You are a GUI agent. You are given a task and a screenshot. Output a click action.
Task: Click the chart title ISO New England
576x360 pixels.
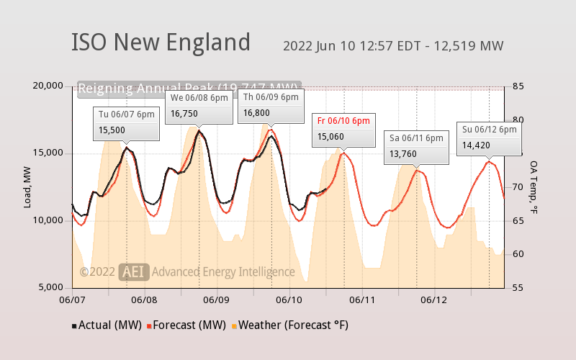tap(161, 42)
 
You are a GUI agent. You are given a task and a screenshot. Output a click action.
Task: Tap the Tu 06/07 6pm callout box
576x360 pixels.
tap(127, 123)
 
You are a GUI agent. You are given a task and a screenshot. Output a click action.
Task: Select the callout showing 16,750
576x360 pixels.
tap(199, 106)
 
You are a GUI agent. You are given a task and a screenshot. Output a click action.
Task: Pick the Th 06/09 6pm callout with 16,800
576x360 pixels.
tap(271, 105)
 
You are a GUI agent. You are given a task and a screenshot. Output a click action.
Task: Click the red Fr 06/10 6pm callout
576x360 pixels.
tap(344, 130)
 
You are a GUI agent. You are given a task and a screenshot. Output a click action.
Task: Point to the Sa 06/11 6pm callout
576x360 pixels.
tap(415, 146)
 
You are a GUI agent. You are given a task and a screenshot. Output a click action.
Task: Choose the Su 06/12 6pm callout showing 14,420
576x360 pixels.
tap(490, 138)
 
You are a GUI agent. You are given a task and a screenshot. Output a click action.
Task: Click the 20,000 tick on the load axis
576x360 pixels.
tap(48, 86)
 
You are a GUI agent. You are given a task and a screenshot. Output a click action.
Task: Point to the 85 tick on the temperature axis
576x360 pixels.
tap(518, 86)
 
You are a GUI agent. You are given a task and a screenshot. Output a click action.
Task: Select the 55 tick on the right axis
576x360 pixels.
tap(518, 287)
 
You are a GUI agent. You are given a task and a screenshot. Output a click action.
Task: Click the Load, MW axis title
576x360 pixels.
tap(28, 186)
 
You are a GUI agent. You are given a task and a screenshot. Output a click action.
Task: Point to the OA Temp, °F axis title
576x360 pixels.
tap(534, 186)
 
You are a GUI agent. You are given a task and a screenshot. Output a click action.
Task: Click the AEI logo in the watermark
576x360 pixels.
tap(134, 271)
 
